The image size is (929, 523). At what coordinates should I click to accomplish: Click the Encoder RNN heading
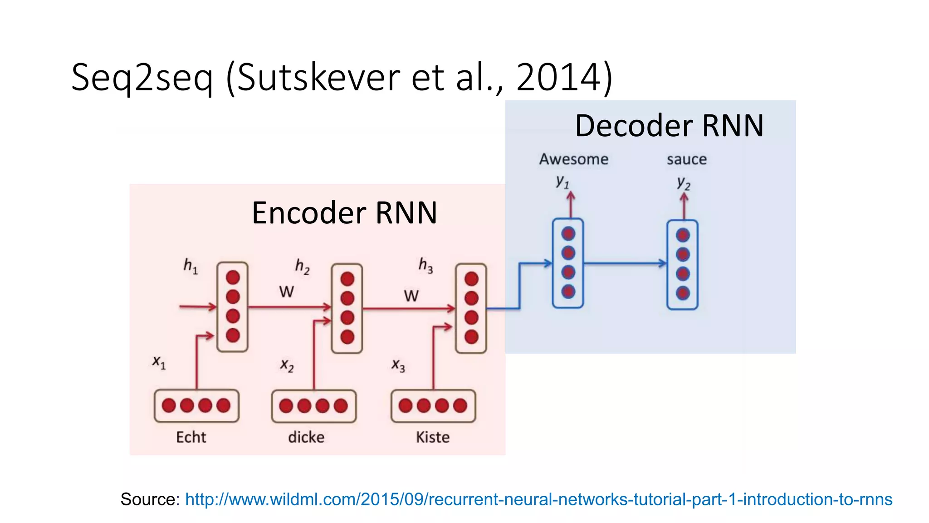(344, 212)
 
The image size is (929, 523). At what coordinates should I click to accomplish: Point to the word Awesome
(573, 159)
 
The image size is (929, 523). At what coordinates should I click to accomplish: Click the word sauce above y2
(686, 159)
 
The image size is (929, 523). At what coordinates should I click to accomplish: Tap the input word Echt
(191, 437)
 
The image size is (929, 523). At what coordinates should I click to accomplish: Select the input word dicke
(306, 437)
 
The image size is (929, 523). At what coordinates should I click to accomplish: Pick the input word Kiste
(433, 437)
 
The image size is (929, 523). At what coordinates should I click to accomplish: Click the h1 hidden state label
(191, 266)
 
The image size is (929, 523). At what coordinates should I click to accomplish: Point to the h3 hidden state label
(425, 265)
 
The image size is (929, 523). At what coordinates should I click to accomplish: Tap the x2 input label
(287, 365)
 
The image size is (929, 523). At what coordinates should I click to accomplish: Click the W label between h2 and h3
(411, 296)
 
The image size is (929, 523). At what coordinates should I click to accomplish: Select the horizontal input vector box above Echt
(196, 406)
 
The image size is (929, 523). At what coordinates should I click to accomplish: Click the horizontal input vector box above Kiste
(433, 406)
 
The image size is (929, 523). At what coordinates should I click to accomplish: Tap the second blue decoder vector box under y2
(682, 264)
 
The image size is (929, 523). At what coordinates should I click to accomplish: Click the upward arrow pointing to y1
(571, 205)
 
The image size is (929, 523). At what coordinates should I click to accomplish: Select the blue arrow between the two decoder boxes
(625, 263)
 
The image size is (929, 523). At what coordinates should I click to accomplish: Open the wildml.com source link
(538, 499)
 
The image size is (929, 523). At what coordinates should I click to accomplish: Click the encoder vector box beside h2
(347, 308)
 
